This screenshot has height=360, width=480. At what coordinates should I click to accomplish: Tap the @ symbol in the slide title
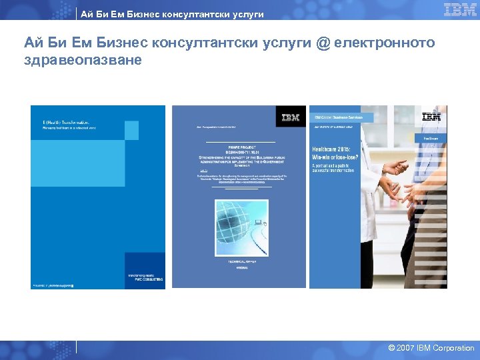323,43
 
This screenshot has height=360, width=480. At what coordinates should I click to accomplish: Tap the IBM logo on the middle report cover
290,117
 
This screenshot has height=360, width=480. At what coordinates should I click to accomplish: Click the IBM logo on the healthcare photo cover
431,117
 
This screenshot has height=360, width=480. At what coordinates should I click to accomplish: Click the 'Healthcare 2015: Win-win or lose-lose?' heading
333,155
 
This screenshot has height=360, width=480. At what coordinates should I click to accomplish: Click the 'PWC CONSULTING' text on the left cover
146,279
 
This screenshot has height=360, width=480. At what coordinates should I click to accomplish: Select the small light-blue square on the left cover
132,130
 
